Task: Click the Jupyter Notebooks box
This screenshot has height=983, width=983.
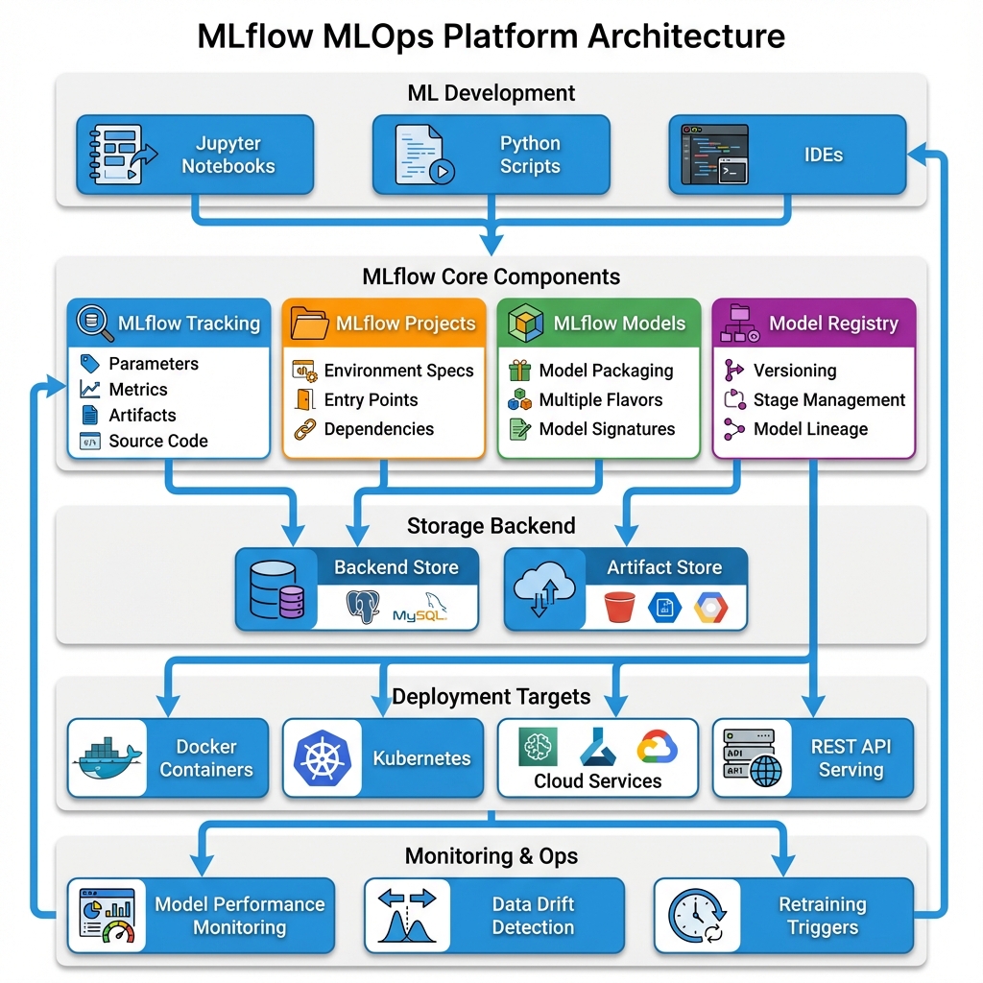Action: pos(195,155)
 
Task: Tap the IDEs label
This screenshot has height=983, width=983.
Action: pos(823,155)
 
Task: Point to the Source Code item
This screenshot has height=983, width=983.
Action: pos(158,442)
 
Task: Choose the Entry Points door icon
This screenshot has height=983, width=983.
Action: pos(305,400)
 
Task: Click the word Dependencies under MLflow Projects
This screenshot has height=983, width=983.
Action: pos(378,429)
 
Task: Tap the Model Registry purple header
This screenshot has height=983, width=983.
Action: pos(814,324)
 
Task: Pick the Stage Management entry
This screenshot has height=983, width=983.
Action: pos(828,400)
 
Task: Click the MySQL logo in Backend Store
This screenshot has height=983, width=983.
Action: pos(420,612)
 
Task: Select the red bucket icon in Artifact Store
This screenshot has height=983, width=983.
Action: pos(620,608)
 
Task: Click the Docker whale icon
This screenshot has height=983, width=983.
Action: pos(108,758)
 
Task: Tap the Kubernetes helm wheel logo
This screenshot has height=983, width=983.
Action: pos(323,758)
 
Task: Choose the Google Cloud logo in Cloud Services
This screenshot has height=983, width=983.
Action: pos(657,745)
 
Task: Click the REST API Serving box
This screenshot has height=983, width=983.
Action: pos(813,758)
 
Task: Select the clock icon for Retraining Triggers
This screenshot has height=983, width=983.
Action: pos(697,916)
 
